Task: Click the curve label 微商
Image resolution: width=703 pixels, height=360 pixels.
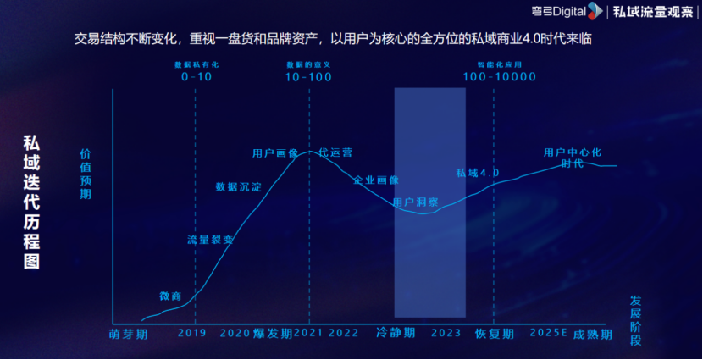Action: point(170,296)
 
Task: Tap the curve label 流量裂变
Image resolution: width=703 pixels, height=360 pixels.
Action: point(210,240)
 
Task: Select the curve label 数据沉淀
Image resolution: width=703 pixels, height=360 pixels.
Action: point(239,186)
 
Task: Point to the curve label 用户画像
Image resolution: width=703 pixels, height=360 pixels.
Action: point(275,153)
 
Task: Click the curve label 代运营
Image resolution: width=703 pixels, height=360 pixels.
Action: point(335,152)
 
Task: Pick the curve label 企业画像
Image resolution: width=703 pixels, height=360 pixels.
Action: point(376,180)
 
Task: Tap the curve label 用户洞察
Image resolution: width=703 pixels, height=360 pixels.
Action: point(416,203)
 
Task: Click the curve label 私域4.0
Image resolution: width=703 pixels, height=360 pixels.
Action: point(478,173)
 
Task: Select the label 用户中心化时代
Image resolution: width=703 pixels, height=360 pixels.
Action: point(573,158)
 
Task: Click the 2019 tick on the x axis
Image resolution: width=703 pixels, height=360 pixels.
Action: point(192,333)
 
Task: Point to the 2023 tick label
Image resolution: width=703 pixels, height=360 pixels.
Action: point(446,333)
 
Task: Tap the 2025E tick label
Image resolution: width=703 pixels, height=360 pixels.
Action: point(548,333)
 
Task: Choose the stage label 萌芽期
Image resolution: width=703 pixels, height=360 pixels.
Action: point(129,334)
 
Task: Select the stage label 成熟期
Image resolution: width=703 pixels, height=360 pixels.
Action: point(593,334)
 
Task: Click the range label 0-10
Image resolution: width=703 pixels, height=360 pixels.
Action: point(197,76)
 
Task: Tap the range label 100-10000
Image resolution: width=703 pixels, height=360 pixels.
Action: point(500,76)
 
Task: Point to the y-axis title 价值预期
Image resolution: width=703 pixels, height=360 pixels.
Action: point(86,174)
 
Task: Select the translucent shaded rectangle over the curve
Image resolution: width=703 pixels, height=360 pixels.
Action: point(429,202)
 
